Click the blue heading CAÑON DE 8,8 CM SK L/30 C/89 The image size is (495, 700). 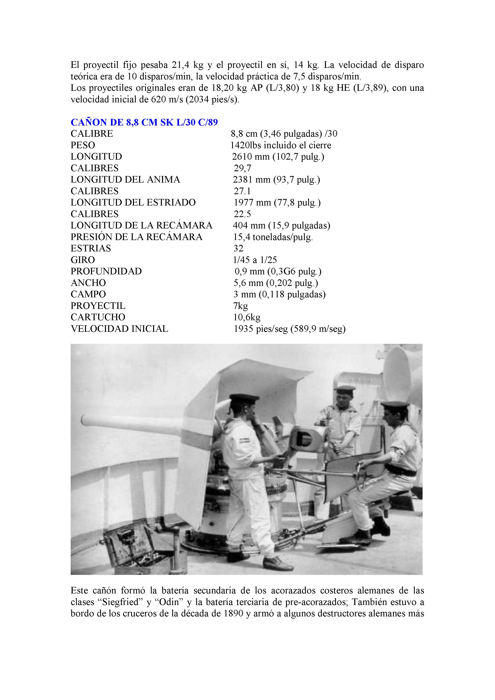[x=144, y=122]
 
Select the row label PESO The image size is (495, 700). [x=83, y=145]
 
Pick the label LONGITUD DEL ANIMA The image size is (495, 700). [x=125, y=180]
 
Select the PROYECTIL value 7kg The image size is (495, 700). [x=241, y=306]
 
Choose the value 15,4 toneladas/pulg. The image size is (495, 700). [x=273, y=237]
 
